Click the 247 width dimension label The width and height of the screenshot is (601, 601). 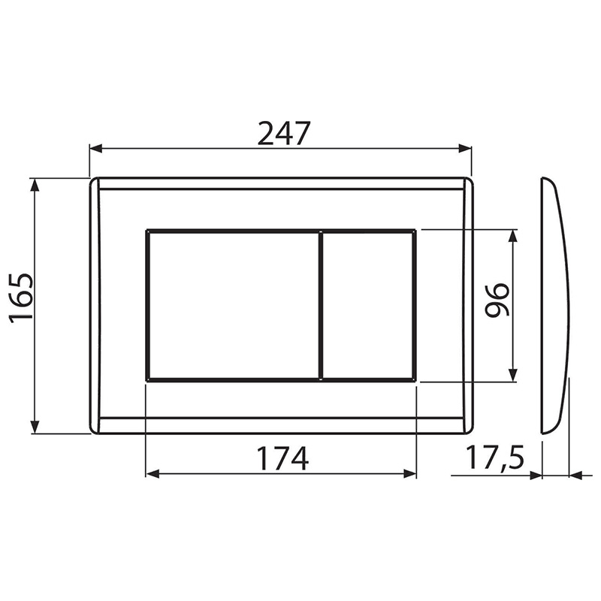[283, 134]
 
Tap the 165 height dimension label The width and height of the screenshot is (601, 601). [22, 298]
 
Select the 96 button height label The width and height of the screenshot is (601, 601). [497, 300]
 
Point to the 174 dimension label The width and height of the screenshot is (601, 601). [282, 458]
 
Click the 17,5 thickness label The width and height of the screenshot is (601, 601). [495, 457]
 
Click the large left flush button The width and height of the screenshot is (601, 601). [234, 306]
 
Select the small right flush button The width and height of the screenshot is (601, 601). [368, 306]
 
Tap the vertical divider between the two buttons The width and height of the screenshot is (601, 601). [321, 306]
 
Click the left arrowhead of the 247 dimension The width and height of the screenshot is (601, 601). [96, 149]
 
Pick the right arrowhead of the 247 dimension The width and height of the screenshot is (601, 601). [465, 149]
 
